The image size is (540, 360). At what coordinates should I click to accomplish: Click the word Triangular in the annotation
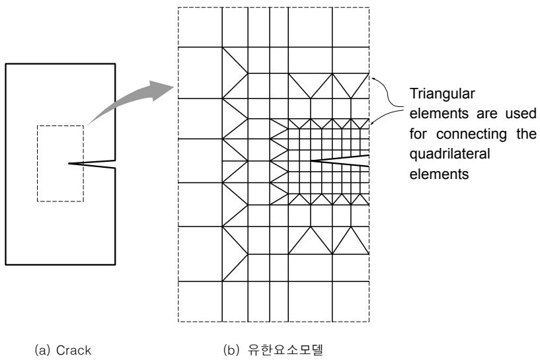pos(442,94)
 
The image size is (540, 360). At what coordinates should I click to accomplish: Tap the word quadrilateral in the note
pos(449,154)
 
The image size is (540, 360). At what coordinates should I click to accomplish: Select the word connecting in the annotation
pos(471,135)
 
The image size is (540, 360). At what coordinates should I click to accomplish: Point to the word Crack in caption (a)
pos(73,350)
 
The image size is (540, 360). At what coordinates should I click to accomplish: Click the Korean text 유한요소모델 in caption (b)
pos(286,350)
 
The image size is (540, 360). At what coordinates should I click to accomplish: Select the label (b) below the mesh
pos(231,350)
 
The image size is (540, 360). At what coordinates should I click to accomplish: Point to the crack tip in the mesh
pos(311,161)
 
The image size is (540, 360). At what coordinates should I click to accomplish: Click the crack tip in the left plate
pos(69,163)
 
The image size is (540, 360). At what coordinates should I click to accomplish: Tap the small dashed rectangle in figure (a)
pos(60,126)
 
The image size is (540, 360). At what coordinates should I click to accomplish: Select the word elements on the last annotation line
pos(439,174)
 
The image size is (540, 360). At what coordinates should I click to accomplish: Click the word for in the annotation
pos(418,134)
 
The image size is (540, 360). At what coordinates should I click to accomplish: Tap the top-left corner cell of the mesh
pos(200,27)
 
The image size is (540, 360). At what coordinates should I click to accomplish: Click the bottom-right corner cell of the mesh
pos(350,301)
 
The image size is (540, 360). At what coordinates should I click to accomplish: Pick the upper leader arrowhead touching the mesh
pos(372,78)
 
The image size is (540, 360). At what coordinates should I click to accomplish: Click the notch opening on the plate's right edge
pos(115,164)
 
